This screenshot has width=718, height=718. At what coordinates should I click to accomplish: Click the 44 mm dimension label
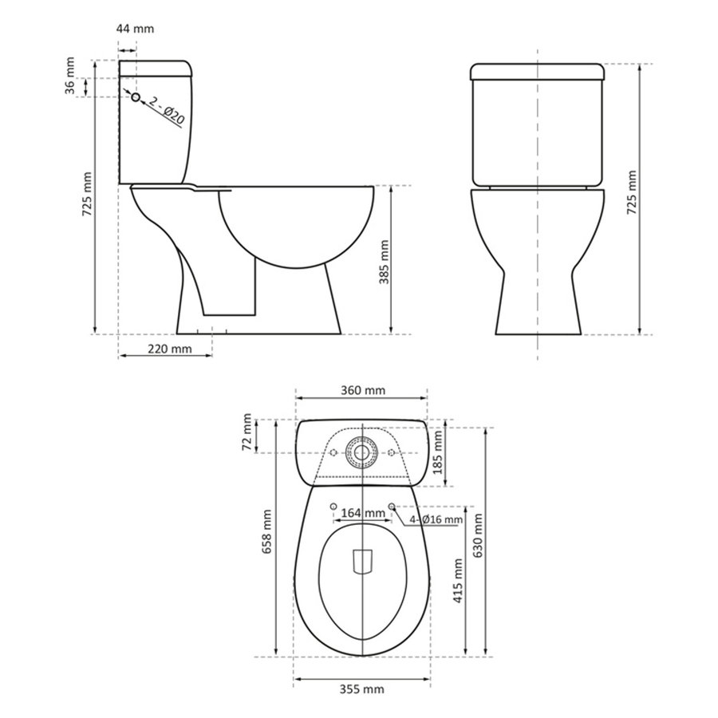coord(135,29)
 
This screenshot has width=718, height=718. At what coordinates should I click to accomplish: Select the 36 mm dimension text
coord(70,87)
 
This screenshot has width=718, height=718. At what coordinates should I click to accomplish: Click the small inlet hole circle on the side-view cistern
coord(136,97)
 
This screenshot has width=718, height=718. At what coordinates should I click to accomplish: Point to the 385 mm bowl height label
coord(382,258)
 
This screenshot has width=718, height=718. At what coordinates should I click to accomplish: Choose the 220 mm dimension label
coord(169,349)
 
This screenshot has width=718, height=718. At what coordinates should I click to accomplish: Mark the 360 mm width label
coord(363,391)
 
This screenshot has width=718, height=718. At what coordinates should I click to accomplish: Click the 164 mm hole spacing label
coord(363,513)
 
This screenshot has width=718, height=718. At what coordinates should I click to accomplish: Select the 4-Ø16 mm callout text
coord(436,520)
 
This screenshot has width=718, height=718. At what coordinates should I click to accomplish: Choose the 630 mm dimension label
coord(477,536)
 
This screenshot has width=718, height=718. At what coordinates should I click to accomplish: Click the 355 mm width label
coord(363,688)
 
